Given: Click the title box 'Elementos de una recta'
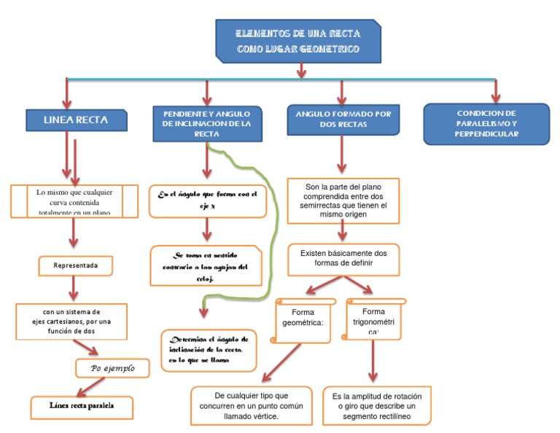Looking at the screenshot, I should [299, 41].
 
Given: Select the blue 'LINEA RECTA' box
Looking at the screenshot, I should [76, 120].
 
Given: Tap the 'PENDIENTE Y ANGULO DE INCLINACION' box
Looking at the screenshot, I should [207, 123].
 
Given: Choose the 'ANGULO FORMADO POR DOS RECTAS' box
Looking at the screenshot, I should [342, 120].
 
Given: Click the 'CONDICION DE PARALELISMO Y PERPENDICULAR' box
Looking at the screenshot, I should [486, 124].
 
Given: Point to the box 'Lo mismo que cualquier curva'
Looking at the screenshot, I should [74, 201].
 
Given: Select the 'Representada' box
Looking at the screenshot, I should [76, 266].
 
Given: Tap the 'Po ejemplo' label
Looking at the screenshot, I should [114, 368].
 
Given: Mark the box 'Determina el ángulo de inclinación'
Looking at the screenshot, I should [209, 350].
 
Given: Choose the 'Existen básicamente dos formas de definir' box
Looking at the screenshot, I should [343, 259].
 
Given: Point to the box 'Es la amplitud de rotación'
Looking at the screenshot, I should [376, 405].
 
